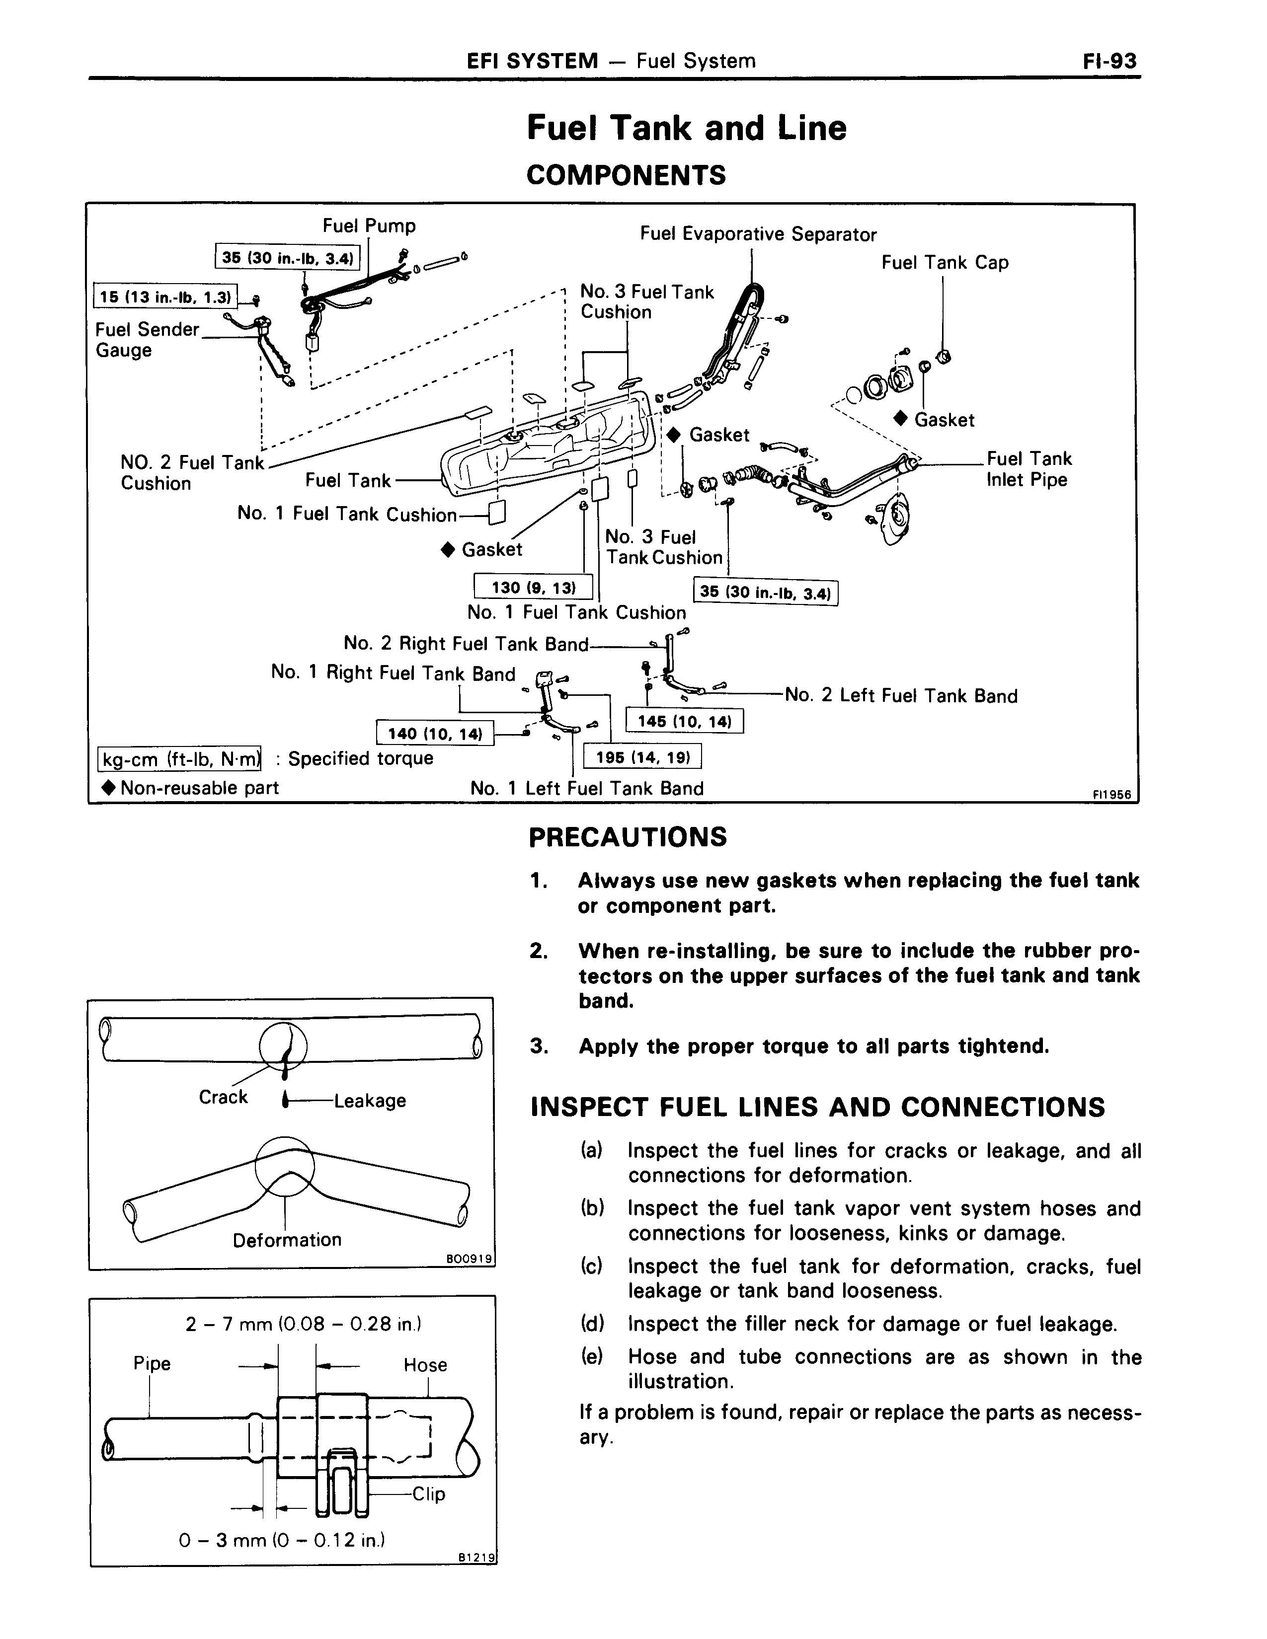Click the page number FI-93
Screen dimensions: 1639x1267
[x=1109, y=61]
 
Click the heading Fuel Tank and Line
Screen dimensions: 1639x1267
[x=686, y=128]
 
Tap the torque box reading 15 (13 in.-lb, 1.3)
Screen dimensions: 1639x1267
[x=164, y=297]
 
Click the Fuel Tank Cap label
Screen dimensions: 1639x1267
[x=944, y=263]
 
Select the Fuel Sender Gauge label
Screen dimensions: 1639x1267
[x=147, y=340]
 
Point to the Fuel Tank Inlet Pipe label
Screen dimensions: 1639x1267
[x=1029, y=469]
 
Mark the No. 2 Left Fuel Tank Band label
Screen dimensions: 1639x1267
[x=901, y=696]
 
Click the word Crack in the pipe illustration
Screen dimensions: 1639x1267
[x=223, y=1097]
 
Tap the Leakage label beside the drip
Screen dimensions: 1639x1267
[x=369, y=1101]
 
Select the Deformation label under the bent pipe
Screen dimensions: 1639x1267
[x=287, y=1240]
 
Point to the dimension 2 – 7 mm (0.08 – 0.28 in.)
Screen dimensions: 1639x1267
[x=303, y=1324]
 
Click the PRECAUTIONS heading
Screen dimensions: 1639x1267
[x=628, y=837]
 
